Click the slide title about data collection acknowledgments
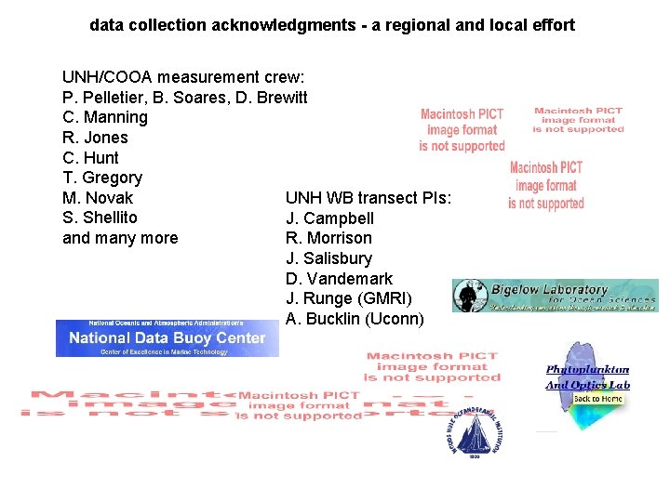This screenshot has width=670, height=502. click(x=332, y=25)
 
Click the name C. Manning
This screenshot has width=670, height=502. click(x=105, y=117)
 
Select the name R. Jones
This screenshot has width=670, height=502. click(x=95, y=138)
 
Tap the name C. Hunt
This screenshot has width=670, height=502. click(x=90, y=158)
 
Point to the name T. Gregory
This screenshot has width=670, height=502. click(x=102, y=178)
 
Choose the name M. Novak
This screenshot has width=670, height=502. click(x=98, y=198)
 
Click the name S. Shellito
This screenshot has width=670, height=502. click(x=100, y=218)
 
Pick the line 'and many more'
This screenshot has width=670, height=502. click(x=120, y=238)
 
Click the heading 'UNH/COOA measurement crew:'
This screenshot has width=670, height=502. click(x=183, y=77)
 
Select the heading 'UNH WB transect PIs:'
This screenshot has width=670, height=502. click(x=368, y=198)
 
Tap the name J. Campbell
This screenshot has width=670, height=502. click(x=330, y=218)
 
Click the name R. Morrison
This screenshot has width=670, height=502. click(x=328, y=238)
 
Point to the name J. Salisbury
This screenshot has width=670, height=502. click(x=329, y=258)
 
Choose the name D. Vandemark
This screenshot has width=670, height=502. click(x=340, y=279)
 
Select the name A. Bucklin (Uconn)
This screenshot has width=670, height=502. click(x=355, y=319)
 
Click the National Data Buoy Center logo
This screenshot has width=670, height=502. click(x=167, y=338)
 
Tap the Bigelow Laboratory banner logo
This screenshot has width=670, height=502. click(x=556, y=296)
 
